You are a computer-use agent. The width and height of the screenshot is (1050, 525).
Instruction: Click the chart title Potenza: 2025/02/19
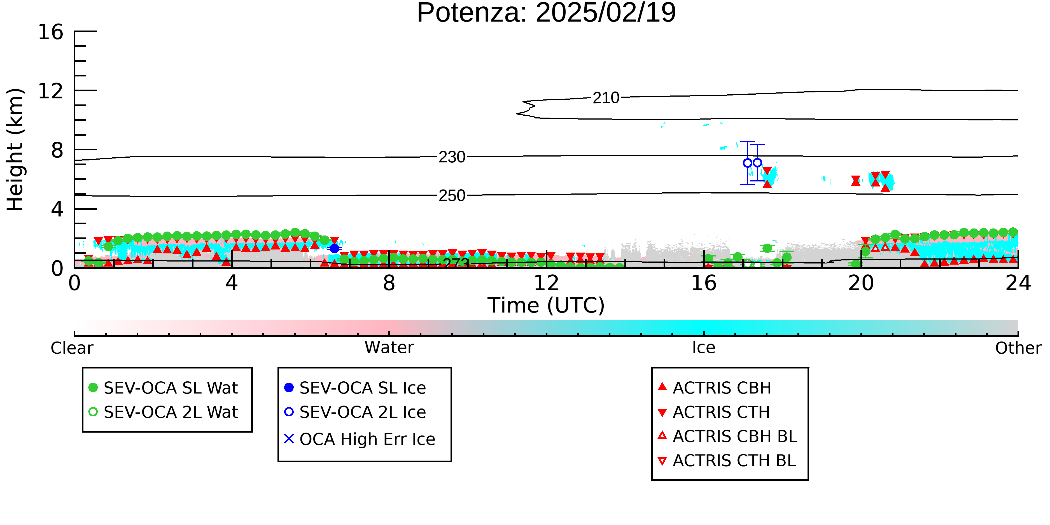(546, 13)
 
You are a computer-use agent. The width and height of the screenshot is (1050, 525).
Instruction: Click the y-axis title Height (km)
(15, 150)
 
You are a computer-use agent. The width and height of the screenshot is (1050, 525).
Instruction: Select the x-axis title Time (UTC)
(546, 305)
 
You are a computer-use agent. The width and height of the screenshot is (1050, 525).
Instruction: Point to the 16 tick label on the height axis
(51, 32)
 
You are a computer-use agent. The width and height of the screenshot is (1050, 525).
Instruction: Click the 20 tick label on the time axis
(861, 283)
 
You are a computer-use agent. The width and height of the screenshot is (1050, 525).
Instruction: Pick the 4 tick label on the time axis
(232, 283)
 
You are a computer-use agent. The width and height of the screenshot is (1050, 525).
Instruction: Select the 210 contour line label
(606, 98)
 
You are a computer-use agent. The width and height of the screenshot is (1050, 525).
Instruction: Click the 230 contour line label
(452, 157)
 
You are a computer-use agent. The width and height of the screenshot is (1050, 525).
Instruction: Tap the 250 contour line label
(452, 196)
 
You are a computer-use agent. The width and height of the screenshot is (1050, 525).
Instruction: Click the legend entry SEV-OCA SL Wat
(163, 388)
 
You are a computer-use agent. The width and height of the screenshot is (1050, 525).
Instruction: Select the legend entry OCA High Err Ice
(360, 439)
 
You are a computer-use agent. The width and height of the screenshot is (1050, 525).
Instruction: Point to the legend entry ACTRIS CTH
(714, 412)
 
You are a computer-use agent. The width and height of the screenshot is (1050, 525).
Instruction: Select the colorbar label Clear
(72, 348)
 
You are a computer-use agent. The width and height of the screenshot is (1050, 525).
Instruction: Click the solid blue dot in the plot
(334, 248)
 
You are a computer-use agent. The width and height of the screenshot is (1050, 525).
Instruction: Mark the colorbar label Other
(1018, 348)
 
